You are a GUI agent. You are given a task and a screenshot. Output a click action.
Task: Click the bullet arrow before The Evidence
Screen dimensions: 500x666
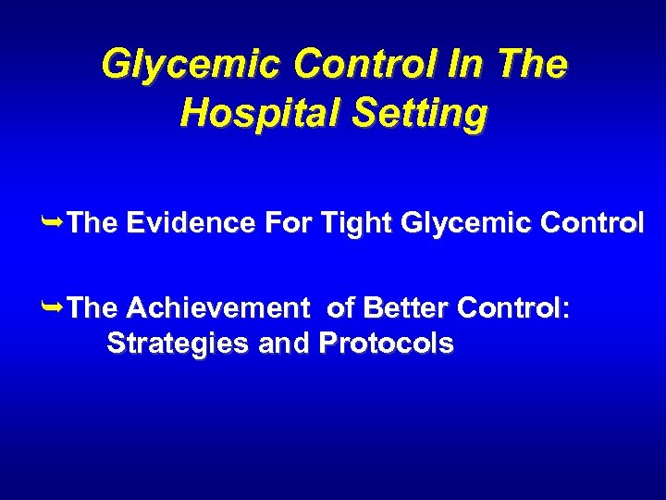55,221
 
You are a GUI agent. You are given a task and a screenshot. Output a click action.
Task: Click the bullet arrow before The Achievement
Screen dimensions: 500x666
55,306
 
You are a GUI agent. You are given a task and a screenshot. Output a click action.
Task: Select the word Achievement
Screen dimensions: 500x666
216,307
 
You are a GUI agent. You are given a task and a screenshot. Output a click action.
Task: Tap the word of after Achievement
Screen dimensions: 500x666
341,307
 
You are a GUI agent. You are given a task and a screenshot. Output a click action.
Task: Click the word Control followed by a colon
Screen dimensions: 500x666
514,307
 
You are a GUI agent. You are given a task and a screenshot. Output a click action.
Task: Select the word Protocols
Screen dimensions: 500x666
385,344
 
